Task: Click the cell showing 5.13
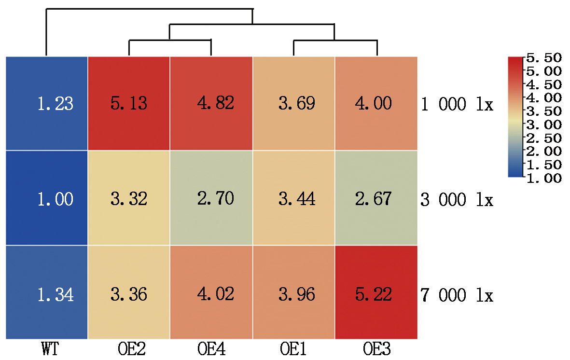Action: [129, 103]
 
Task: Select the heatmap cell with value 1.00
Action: [47, 198]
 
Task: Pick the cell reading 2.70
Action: [211, 198]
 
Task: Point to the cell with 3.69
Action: [293, 103]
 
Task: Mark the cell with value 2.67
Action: [376, 198]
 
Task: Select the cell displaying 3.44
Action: [293, 198]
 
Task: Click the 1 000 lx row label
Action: [457, 105]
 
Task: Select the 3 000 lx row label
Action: [457, 199]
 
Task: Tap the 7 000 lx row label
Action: [457, 294]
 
